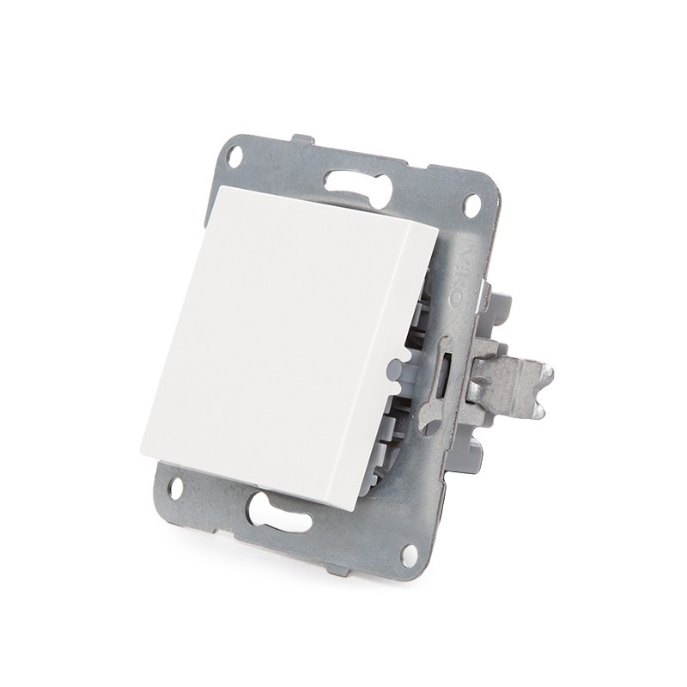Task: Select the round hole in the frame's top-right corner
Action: [x=471, y=205]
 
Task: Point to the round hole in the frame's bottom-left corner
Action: [x=175, y=489]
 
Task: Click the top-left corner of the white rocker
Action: [x=212, y=187]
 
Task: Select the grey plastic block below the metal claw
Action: [x=477, y=438]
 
